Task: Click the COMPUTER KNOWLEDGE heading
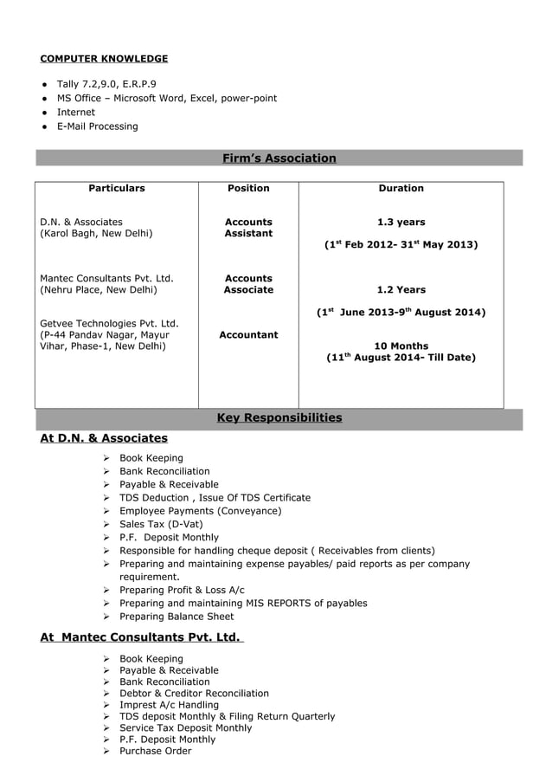(x=104, y=59)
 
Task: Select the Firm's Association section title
(x=279, y=158)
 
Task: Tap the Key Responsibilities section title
(x=279, y=417)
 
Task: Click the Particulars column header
(x=117, y=188)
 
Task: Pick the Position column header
(x=248, y=188)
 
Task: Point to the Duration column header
(x=401, y=188)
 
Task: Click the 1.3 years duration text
(x=401, y=223)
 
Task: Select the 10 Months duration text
(x=401, y=346)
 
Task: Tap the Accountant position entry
(x=248, y=334)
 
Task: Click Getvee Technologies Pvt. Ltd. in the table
(x=109, y=323)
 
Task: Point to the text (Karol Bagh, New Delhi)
(x=96, y=234)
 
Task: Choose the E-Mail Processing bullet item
(x=97, y=126)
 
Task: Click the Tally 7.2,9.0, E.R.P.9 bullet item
(x=106, y=84)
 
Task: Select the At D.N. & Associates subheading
(x=104, y=438)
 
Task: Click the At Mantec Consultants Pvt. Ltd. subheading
(x=142, y=637)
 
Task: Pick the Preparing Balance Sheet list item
(x=177, y=617)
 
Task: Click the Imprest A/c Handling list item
(x=169, y=705)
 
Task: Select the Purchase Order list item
(x=155, y=751)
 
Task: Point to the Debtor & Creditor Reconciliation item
(x=194, y=694)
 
